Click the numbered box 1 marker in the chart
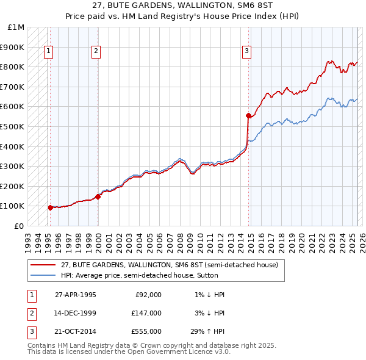48,52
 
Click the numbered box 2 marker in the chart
96,52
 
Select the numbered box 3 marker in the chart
247,52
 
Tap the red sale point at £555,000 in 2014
248,115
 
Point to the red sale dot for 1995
50,207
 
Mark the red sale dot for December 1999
98,196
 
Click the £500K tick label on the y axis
12,126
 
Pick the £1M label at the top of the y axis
16,27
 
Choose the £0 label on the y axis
20,226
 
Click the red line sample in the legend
43,265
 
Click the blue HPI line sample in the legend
43,275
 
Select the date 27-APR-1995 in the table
76,295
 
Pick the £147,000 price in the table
146,313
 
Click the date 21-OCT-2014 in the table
76,331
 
